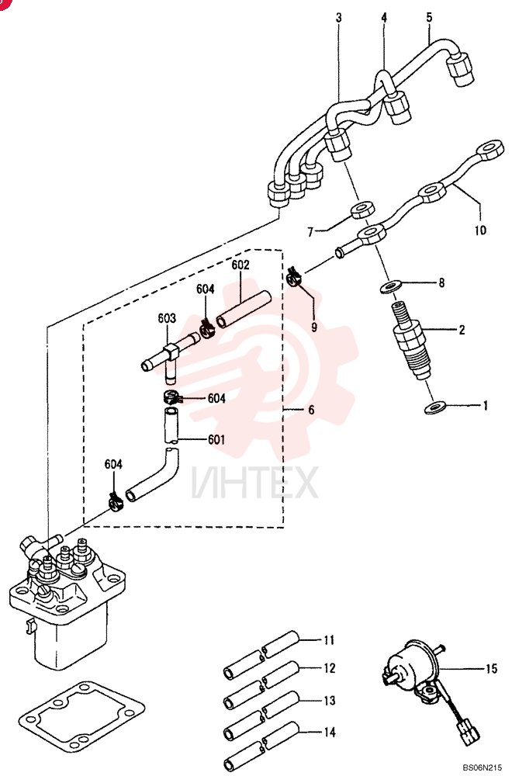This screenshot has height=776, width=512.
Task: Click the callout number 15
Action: coord(490,669)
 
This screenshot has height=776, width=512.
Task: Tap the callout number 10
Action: coord(480,230)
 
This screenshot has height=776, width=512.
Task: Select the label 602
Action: coord(240,265)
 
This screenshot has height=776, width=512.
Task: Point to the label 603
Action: coord(167,317)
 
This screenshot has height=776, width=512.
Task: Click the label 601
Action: coord(216,439)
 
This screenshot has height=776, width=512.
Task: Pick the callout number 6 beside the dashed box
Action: coord(311,410)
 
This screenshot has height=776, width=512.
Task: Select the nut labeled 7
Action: coord(362,210)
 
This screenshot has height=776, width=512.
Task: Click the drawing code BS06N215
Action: coord(483,767)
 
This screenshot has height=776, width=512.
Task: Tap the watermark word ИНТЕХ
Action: coord(254,483)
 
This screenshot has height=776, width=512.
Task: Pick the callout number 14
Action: coord(329,732)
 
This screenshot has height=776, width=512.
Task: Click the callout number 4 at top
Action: coord(384,18)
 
